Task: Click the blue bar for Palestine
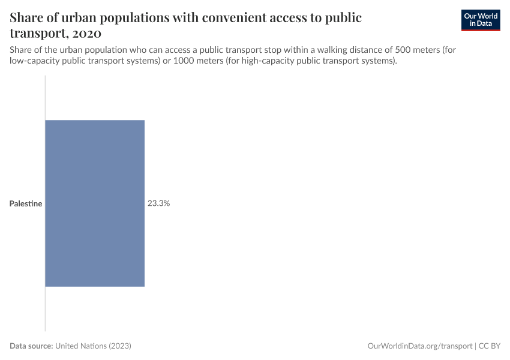(x=95, y=203)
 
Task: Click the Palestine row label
(x=26, y=204)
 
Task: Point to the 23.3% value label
(x=159, y=203)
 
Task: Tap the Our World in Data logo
(x=481, y=20)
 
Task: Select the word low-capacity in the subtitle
(x=35, y=61)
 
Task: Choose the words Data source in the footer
(x=31, y=346)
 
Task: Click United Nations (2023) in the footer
(x=93, y=346)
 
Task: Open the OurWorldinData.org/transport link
(x=419, y=346)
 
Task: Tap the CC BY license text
(x=490, y=346)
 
